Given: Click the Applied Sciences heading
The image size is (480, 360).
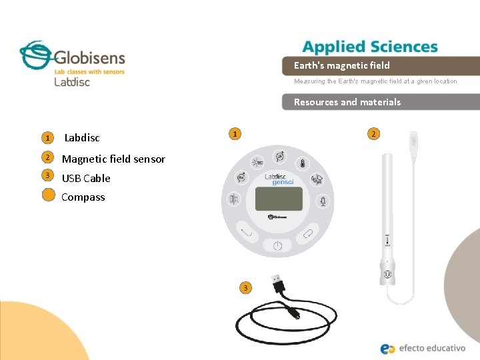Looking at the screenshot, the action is pyautogui.click(x=370, y=47).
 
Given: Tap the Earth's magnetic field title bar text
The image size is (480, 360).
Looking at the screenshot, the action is pyautogui.click(x=341, y=65).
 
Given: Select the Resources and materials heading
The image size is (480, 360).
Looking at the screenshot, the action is pyautogui.click(x=347, y=102).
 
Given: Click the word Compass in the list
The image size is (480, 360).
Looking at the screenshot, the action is pyautogui.click(x=83, y=197).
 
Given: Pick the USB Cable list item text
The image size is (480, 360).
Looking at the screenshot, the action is pyautogui.click(x=86, y=178).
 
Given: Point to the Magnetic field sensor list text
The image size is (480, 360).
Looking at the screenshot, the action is pyautogui.click(x=113, y=159).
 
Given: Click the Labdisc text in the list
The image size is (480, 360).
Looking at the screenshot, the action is pyautogui.click(x=81, y=138).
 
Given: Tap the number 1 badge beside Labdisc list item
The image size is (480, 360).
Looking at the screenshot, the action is pyautogui.click(x=47, y=138).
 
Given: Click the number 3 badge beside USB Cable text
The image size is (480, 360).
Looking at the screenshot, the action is pyautogui.click(x=47, y=175).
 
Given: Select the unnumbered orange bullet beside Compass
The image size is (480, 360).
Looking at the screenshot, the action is pyautogui.click(x=47, y=195).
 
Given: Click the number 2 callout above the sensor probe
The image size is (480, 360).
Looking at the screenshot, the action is pyautogui.click(x=373, y=134).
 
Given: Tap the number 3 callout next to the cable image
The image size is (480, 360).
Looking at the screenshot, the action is pyautogui.click(x=245, y=287).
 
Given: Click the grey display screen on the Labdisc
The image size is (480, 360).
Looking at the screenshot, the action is pyautogui.click(x=279, y=198).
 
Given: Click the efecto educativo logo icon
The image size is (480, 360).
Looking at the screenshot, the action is pyautogui.click(x=388, y=348).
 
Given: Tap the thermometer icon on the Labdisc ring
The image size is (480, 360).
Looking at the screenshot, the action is pyautogui.click(x=301, y=163).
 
